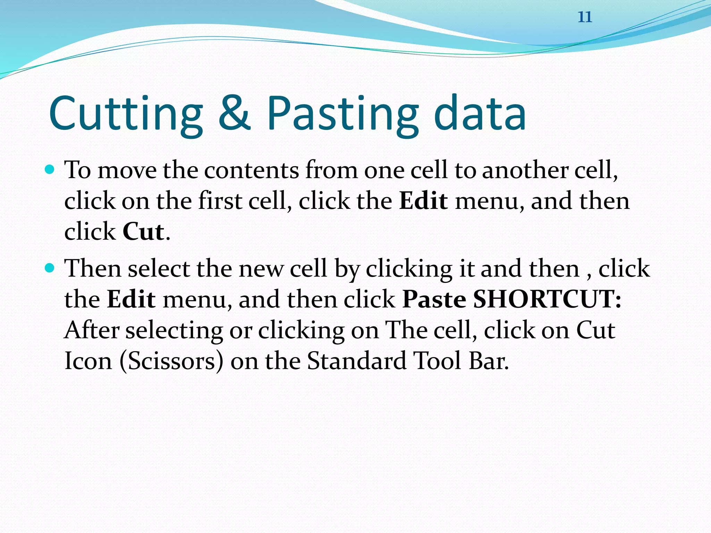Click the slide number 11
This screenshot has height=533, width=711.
tap(585, 17)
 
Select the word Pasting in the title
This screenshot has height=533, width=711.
tap(342, 115)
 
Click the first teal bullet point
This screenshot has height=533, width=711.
tap(50, 170)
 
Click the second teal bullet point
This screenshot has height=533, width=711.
tap(50, 268)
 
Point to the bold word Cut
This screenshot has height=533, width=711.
tap(143, 231)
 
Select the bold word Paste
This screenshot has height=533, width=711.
tap(434, 299)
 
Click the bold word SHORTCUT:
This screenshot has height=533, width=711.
tap(547, 299)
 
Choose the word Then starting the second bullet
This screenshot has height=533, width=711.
tap(93, 269)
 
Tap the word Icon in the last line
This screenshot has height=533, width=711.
tap(88, 361)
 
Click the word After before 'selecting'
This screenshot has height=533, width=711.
tap(92, 330)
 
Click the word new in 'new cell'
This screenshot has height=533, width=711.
tap(261, 269)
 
